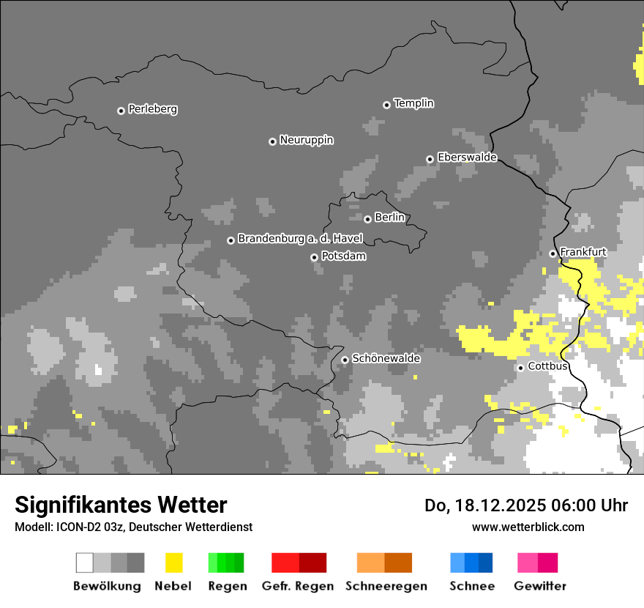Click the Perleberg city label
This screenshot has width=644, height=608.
[x=152, y=109]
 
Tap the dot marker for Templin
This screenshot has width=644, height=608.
[x=386, y=105]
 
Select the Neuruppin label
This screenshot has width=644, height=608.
[x=306, y=140]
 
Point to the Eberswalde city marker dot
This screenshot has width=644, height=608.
[x=430, y=159]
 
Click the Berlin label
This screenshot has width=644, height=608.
[x=389, y=218]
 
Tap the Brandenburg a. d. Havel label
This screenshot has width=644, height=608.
[x=300, y=239]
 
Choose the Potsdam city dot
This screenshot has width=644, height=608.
[x=314, y=257]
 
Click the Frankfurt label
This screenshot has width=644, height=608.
[x=583, y=252]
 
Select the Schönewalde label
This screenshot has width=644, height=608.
[x=386, y=358]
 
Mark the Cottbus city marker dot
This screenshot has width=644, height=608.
[x=520, y=368]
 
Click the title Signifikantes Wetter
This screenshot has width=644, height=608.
[x=121, y=505]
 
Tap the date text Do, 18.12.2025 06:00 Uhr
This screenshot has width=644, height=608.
[x=525, y=505]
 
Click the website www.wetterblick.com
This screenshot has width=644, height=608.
[x=528, y=527]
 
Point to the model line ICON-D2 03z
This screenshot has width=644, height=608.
[x=133, y=527]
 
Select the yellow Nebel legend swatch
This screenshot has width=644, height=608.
[x=173, y=563]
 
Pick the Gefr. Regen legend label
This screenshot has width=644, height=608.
[x=297, y=586]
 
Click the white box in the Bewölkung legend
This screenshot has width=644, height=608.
[x=84, y=563]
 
